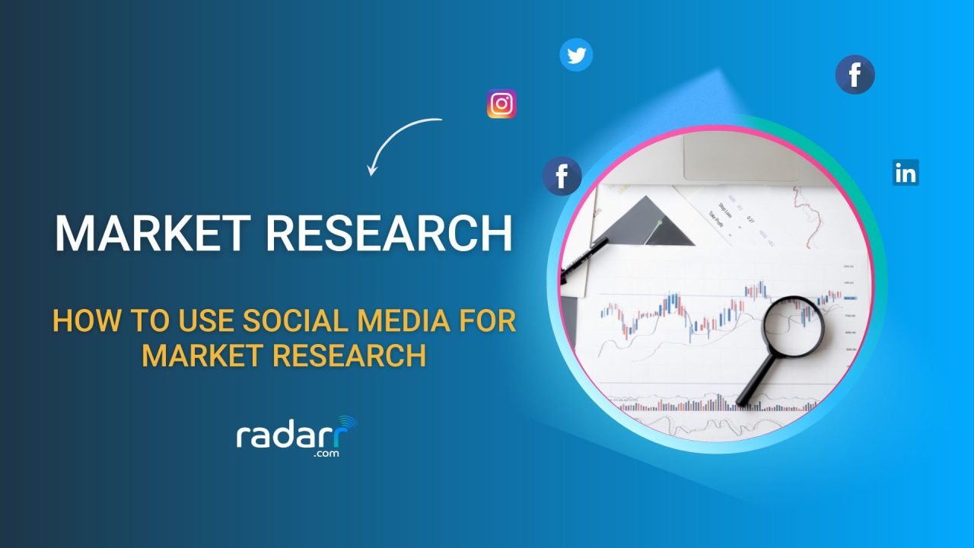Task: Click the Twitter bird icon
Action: pos(576,56)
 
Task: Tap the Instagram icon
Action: pos(501,104)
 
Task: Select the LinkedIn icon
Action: pos(906,173)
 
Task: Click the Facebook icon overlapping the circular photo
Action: pos(562,177)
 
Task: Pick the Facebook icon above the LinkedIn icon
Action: pos(855,75)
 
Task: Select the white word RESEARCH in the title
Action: pos(388,234)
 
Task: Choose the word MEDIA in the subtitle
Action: pos(412,320)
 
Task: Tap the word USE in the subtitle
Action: pos(202,320)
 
